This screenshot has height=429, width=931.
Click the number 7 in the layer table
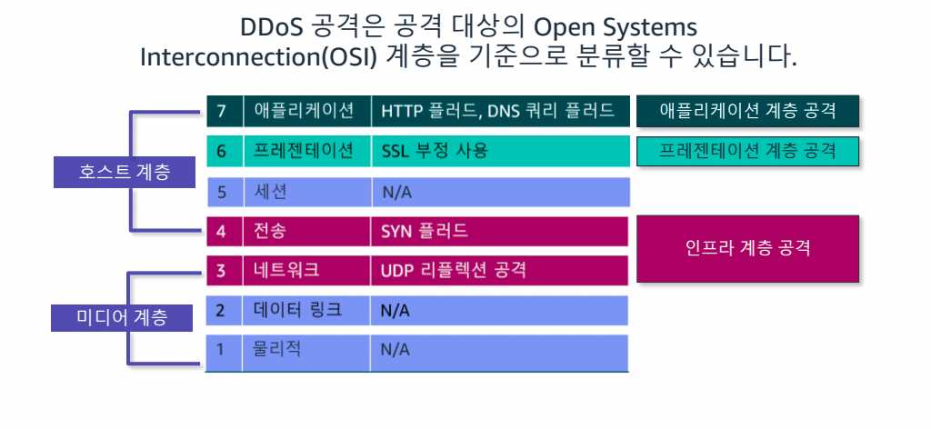[221, 111]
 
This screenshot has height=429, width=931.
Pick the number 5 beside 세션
[221, 193]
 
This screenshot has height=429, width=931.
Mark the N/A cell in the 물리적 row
[500, 350]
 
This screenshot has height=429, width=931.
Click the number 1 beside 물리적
[220, 350]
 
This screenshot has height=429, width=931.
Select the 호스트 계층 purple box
[124, 172]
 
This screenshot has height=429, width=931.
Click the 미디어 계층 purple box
[122, 317]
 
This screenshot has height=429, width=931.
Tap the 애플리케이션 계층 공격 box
[748, 111]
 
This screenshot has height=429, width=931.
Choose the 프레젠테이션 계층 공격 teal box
[748, 151]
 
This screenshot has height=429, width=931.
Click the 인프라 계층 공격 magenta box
[748, 249]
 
